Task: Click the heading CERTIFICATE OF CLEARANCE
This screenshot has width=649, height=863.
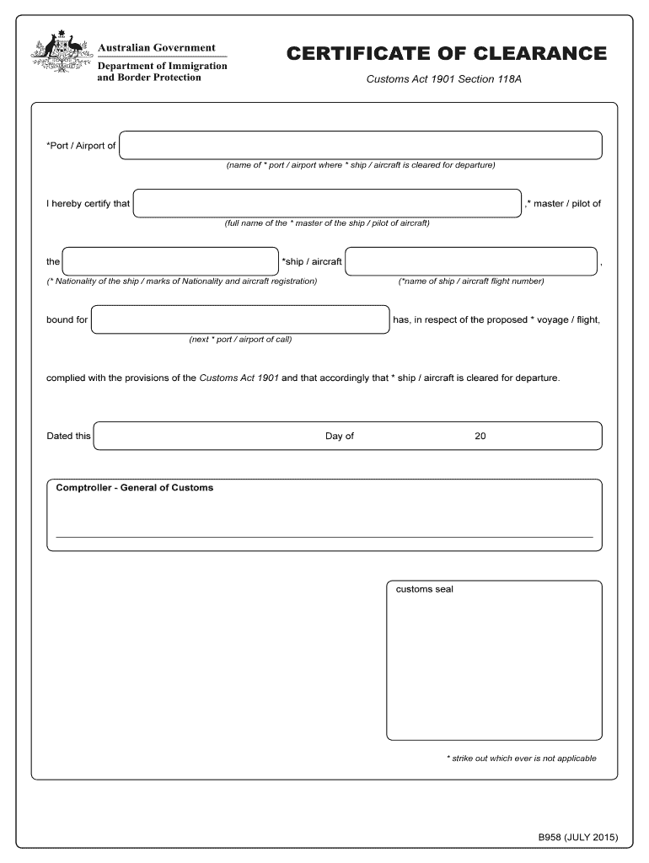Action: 446,54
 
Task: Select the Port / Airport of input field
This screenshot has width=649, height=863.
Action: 361,145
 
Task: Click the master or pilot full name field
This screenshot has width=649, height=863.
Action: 328,203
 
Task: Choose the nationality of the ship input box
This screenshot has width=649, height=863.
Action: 170,261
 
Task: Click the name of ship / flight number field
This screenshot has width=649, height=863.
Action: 471,261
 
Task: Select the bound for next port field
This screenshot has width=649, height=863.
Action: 240,320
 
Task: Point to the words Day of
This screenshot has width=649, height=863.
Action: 340,436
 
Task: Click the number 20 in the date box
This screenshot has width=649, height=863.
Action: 480,436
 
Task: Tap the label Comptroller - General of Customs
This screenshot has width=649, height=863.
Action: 135,488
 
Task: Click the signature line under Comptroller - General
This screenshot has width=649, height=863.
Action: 324,536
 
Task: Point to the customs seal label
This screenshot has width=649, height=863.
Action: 425,589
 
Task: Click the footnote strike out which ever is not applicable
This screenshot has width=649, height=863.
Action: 521,758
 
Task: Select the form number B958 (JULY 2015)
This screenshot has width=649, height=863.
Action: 578,837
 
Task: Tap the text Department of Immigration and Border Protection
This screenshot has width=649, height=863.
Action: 162,72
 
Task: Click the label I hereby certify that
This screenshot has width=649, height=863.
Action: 88,204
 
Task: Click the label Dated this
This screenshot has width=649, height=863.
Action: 68,436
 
